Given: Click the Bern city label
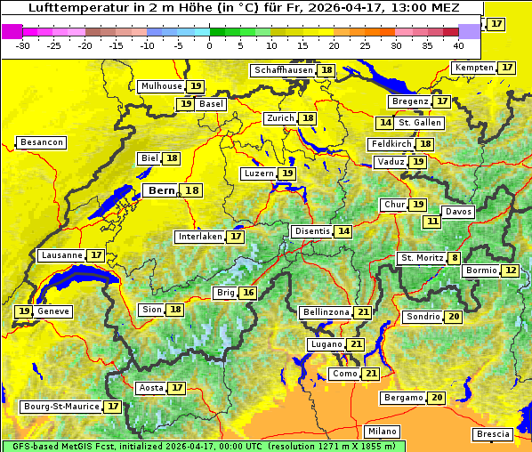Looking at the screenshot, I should (161, 190).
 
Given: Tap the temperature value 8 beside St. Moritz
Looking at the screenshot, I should (455, 258).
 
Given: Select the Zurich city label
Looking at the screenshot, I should (279, 118).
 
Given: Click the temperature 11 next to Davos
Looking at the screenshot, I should (432, 221).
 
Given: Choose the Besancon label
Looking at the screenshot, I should (41, 142).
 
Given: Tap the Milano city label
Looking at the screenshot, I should (383, 431).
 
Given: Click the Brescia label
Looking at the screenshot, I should (493, 434).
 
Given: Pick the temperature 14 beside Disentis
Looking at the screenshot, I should (343, 231).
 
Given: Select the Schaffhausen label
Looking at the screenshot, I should (282, 70).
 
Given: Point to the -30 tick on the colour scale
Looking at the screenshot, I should (24, 45).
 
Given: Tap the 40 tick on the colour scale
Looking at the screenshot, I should (458, 45).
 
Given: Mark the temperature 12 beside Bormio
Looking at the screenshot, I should (510, 270).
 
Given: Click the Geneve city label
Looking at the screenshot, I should (52, 311).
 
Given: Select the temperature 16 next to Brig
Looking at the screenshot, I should (248, 293).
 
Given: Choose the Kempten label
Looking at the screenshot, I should (474, 68).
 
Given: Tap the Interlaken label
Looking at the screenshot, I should (199, 237).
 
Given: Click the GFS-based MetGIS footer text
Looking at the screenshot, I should (53, 446).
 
